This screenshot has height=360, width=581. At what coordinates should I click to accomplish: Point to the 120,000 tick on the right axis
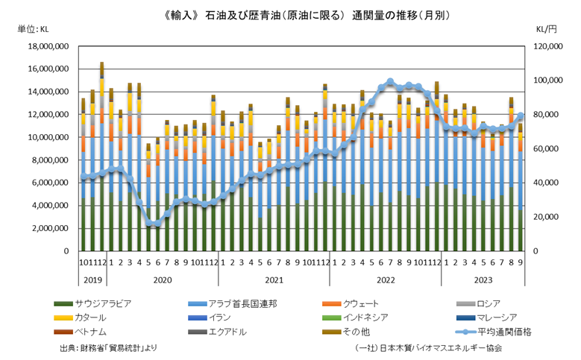tap(547, 46)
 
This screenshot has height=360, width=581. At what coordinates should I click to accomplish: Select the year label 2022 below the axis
tap(385, 280)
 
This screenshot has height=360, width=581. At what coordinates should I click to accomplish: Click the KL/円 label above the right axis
tap(546, 30)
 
